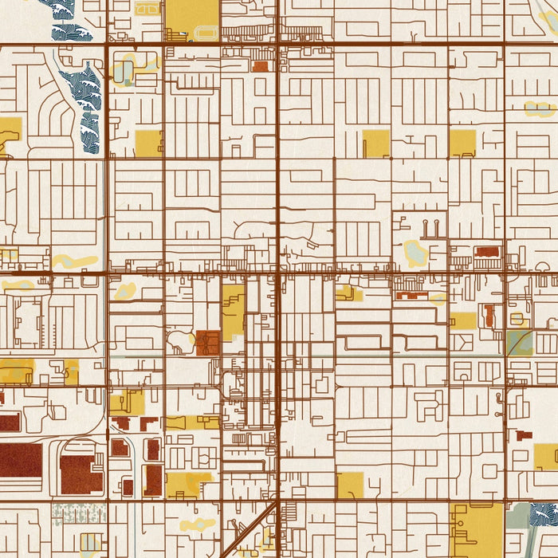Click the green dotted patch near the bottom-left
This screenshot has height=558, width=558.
79,514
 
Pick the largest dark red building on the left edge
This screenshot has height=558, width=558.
20,460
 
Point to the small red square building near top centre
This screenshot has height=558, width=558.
261,66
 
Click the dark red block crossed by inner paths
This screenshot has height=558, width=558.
208,343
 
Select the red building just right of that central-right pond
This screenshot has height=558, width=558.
486,252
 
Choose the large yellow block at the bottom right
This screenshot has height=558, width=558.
476,529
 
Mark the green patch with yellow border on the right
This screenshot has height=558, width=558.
519,343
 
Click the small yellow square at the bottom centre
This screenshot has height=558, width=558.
350,485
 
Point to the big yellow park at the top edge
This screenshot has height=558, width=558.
191,18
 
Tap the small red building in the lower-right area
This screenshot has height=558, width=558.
524,435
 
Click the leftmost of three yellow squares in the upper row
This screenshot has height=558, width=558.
148,143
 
